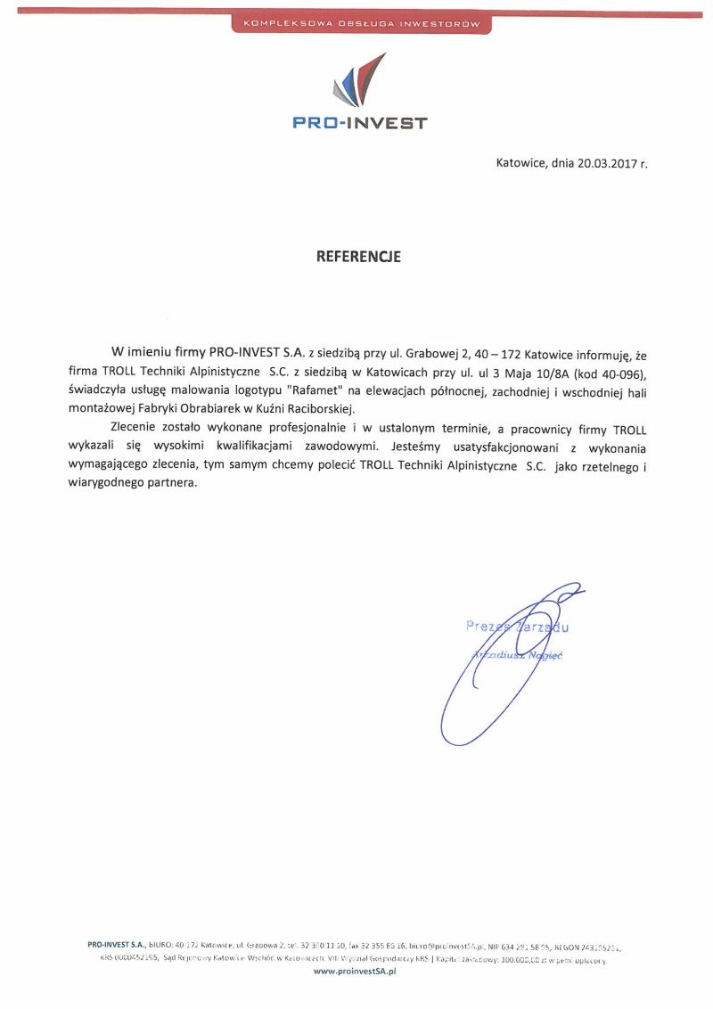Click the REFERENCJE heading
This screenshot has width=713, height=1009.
(x=358, y=257)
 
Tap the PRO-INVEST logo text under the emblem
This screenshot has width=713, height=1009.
(x=360, y=123)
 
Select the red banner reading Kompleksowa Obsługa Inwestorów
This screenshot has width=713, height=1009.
(x=360, y=23)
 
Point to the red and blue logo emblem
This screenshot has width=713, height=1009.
(x=358, y=80)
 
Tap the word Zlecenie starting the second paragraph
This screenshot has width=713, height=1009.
(x=135, y=428)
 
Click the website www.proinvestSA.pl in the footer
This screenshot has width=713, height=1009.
(x=355, y=973)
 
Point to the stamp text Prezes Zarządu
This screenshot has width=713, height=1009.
(x=517, y=627)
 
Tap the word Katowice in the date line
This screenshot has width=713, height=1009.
(x=521, y=163)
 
